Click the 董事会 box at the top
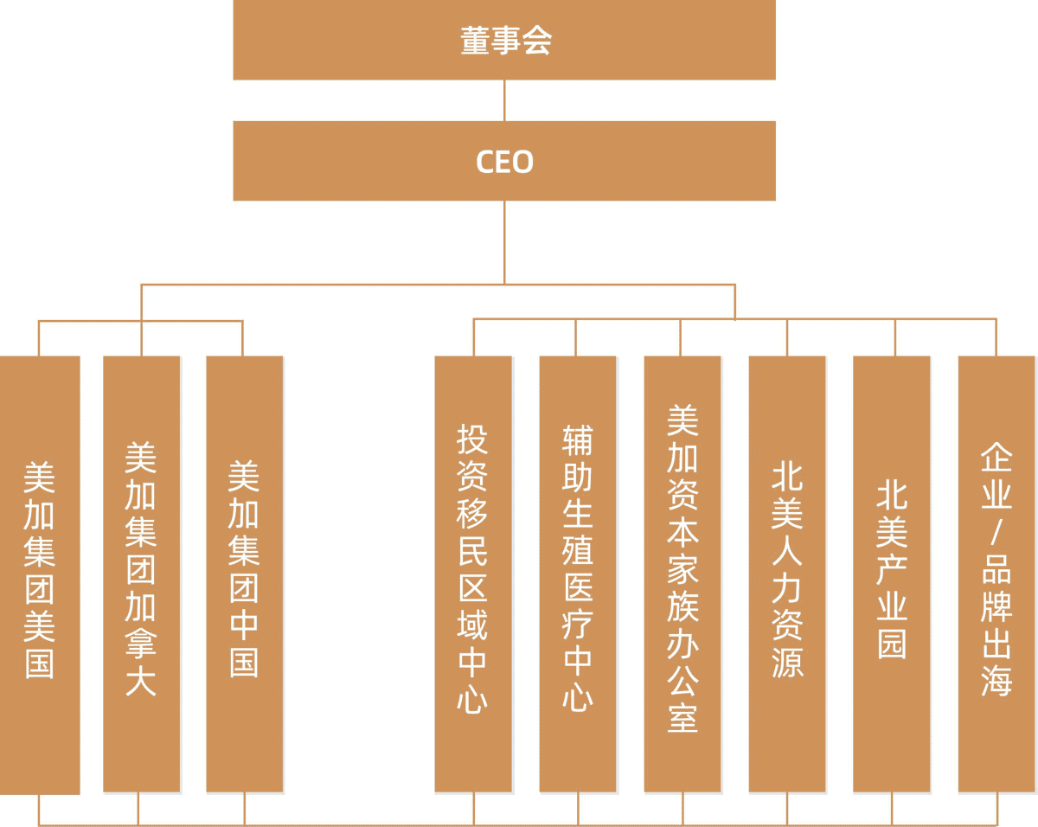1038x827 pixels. click(x=504, y=40)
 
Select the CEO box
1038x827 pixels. click(x=504, y=161)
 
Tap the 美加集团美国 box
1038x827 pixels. click(x=40, y=574)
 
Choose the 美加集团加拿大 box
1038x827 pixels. click(x=142, y=574)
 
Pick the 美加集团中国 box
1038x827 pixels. click(x=245, y=574)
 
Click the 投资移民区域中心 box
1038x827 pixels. click(x=473, y=574)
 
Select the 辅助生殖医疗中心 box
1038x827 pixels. click(x=578, y=574)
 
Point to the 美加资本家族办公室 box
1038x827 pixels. click(x=682, y=574)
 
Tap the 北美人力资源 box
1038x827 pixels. click(x=787, y=574)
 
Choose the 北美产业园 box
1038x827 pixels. click(x=892, y=574)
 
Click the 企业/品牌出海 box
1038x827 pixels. click(x=996, y=574)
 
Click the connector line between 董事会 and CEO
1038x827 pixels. click(x=504, y=100)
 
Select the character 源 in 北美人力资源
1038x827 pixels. click(x=787, y=662)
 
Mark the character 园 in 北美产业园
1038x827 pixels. click(x=892, y=644)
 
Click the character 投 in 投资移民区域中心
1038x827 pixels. click(x=473, y=439)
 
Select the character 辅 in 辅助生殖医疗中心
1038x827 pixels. click(x=578, y=439)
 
